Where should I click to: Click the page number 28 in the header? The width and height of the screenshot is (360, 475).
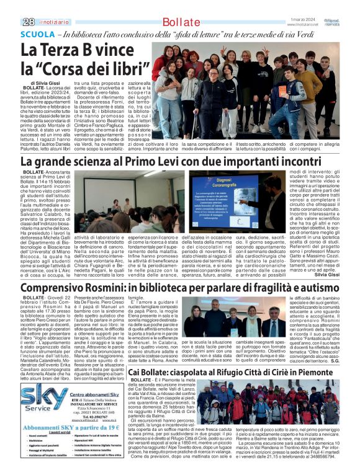pyautogui.click(x=28, y=22)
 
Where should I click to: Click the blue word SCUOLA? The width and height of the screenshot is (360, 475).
pyautogui.click(x=38, y=35)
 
